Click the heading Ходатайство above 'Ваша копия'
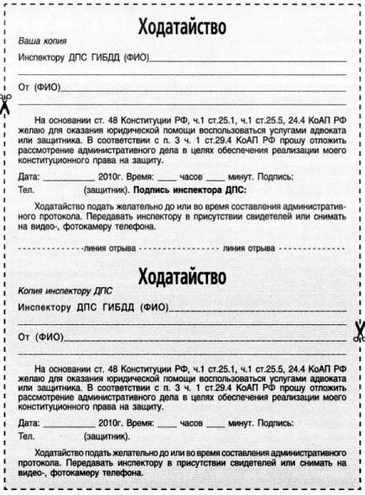coord(182,26)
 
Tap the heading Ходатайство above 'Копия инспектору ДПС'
coord(182,275)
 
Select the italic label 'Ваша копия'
coord(42,40)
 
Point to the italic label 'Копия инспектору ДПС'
coord(65,291)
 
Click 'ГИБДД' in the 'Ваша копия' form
coord(99,58)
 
